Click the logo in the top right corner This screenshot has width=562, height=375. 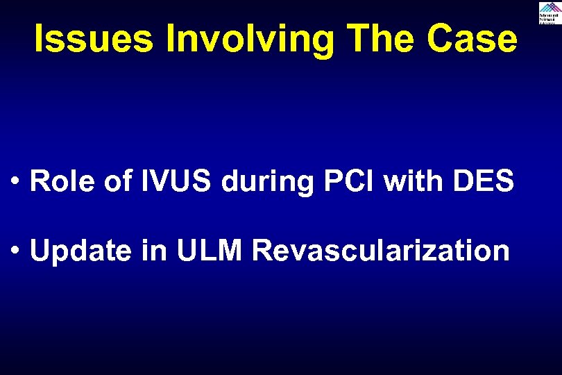[x=548, y=12]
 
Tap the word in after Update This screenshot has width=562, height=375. [x=155, y=251]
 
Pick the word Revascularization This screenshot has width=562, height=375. [x=381, y=251]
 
